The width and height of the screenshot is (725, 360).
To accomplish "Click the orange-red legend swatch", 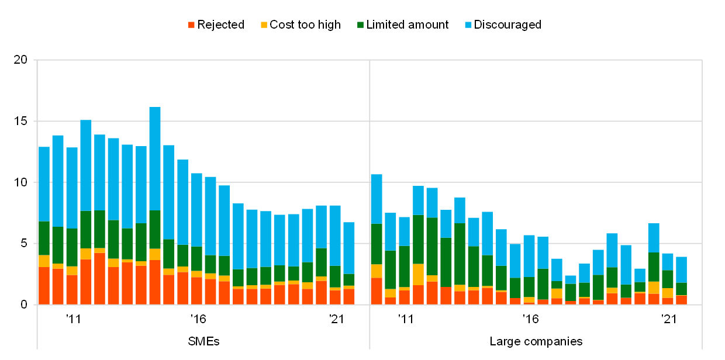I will [191, 25].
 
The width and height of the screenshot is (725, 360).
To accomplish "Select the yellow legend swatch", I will [264, 25].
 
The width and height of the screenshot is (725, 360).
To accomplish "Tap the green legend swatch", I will [360, 25].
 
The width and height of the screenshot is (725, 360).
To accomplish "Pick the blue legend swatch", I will [468, 25].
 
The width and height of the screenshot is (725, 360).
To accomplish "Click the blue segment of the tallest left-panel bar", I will [155, 158].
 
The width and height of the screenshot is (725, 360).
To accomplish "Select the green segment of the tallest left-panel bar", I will [155, 229].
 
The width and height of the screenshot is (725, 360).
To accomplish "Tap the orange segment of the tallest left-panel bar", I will [155, 282].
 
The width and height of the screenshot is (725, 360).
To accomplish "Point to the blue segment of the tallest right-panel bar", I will [376, 199].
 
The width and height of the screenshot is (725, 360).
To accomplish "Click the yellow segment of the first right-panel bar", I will [376, 271].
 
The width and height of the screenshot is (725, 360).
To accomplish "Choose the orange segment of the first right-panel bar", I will [376, 290].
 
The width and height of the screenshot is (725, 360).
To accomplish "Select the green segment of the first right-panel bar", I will [376, 244].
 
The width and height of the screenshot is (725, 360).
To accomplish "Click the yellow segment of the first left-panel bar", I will [44, 261].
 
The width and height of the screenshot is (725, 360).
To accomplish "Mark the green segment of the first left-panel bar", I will [44, 238].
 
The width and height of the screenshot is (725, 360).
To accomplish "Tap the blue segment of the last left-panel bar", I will [349, 248].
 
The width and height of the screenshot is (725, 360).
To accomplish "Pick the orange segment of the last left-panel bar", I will [349, 296].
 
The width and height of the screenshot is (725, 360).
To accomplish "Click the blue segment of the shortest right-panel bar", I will [571, 279].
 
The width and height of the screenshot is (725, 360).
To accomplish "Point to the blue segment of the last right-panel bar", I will [681, 269].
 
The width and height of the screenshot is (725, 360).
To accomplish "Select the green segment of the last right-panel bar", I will [681, 289].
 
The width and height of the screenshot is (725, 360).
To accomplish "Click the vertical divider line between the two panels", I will [370, 175].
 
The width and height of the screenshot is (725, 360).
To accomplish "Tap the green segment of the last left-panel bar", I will [349, 279].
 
